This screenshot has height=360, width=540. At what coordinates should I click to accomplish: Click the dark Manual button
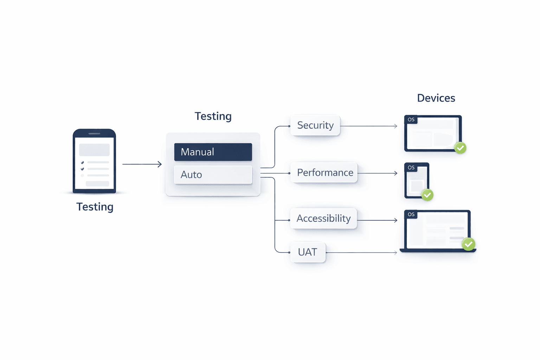tap(213, 152)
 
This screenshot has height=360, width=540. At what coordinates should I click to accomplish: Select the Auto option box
tap(213, 175)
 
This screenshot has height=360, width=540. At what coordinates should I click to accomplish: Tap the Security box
tap(315, 126)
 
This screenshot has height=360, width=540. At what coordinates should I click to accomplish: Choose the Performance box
tap(324, 173)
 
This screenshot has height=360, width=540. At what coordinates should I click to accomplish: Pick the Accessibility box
tap(323, 219)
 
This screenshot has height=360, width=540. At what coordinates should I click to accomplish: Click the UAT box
tap(308, 252)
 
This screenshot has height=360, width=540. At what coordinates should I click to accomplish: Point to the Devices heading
tap(436, 98)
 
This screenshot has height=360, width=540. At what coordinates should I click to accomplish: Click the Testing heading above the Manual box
tap(213, 116)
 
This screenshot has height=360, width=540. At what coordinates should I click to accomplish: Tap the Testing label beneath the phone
tap(95, 207)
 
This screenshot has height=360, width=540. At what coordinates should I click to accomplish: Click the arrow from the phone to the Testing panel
tap(142, 164)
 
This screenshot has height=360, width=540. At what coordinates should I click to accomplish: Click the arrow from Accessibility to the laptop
tap(377, 220)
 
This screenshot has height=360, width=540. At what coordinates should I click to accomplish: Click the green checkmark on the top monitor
tap(460, 148)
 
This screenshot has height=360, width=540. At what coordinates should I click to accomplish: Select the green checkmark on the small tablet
tap(427, 195)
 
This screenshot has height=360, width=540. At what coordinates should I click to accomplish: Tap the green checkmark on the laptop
tap(468, 244)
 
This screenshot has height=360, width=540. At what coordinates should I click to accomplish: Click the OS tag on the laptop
tap(411, 214)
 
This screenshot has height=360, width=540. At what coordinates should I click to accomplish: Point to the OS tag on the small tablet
tap(411, 168)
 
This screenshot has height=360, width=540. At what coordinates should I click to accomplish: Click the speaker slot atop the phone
tap(94, 134)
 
